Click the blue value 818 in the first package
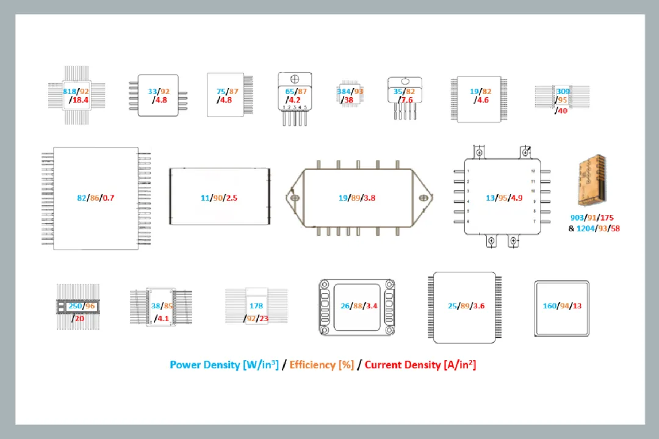click(71, 92)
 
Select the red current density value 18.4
click(80, 100)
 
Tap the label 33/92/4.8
click(158, 95)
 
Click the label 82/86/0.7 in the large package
click(96, 198)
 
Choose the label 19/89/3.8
click(356, 198)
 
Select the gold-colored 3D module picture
click(591, 180)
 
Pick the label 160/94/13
click(562, 306)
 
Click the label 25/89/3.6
click(466, 306)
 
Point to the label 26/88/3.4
click(358, 306)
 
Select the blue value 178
click(256, 306)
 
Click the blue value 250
click(75, 306)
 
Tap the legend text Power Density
click(204, 365)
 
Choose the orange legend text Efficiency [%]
click(322, 365)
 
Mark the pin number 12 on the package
click(533, 171)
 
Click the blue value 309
click(563, 92)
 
